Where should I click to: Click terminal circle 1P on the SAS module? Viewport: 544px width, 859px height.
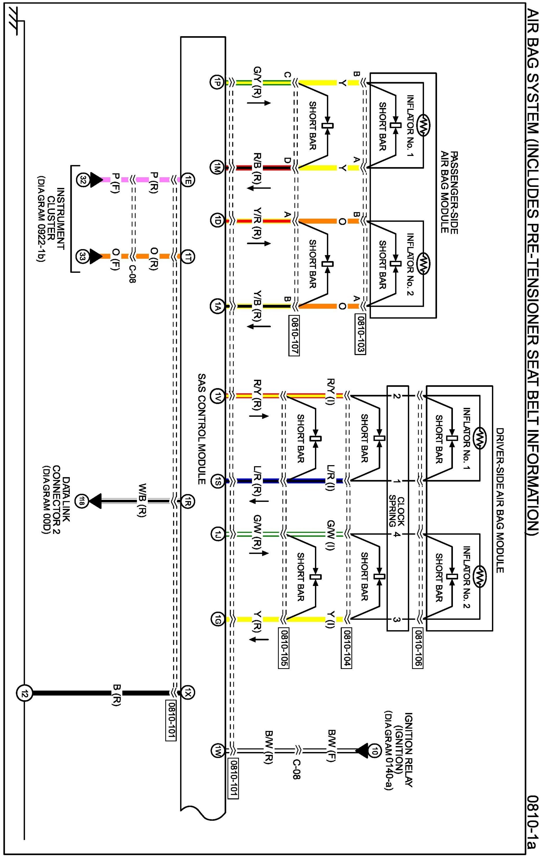pyautogui.click(x=216, y=82)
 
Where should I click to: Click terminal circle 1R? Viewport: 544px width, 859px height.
pyautogui.click(x=188, y=501)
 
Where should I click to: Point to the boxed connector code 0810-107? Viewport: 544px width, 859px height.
pyautogui.click(x=294, y=335)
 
